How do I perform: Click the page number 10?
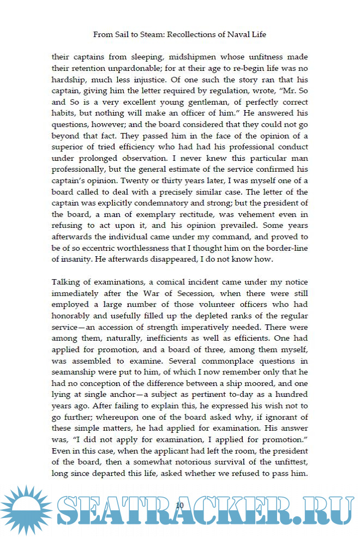(180, 506)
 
